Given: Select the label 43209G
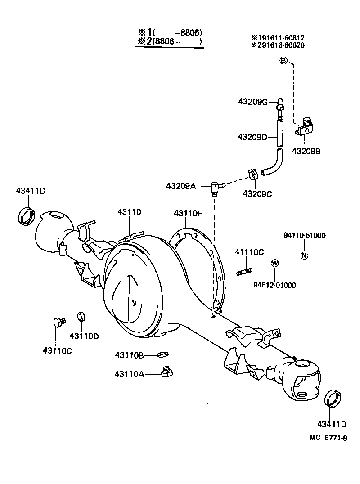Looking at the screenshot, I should click(253, 102).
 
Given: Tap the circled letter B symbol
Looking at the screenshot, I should click(283, 61).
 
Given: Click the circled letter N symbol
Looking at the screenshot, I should click(304, 255).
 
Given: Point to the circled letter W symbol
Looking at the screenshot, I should click(274, 263).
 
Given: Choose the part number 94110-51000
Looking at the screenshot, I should click(305, 235).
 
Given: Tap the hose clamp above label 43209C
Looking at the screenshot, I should click(252, 173).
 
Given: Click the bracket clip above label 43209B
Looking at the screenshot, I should click(306, 128).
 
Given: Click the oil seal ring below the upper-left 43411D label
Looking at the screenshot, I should click(27, 216).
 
